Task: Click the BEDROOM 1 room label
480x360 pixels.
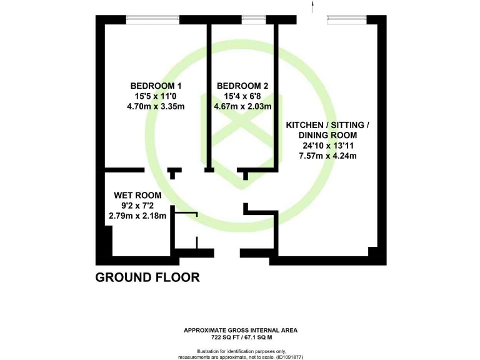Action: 156,86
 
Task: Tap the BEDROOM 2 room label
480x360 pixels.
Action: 242,86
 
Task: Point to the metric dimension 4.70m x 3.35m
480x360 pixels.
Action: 156,106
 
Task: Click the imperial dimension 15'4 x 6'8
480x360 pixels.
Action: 242,96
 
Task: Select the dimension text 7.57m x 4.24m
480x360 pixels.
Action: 327,156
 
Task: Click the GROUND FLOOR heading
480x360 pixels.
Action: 147,277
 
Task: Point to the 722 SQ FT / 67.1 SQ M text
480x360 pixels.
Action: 241,337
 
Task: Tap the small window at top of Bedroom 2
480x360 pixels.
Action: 252,19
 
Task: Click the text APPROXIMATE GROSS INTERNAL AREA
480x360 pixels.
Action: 241,330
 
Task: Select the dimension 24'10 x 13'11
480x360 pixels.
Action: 327,146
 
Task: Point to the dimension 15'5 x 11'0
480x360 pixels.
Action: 156,96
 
